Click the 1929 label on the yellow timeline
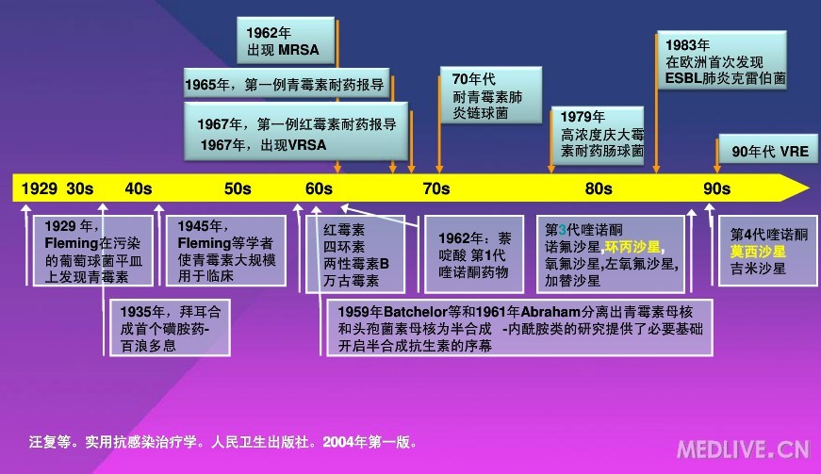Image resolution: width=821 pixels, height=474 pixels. click(40, 188)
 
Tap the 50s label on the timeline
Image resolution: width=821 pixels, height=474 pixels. click(238, 188)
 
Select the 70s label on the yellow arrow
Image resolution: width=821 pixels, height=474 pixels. click(436, 188)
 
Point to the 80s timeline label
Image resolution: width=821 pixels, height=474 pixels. click(599, 188)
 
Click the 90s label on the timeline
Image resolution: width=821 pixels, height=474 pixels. click(716, 188)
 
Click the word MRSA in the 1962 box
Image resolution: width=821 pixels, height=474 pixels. click(299, 50)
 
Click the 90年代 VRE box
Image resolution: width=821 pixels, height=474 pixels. click(768, 150)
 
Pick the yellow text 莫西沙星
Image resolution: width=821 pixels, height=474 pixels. click(758, 252)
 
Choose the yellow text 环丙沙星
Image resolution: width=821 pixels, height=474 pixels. click(633, 247)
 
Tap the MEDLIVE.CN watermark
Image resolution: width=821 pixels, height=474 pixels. click(744, 449)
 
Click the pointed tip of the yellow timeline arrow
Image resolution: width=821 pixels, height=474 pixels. click(809, 188)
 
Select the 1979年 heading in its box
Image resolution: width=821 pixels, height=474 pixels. click(583, 117)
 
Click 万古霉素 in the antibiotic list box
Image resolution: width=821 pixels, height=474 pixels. click(351, 281)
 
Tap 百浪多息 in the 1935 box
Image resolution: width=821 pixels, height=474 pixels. click(148, 346)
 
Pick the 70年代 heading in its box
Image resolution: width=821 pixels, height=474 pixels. click(474, 79)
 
